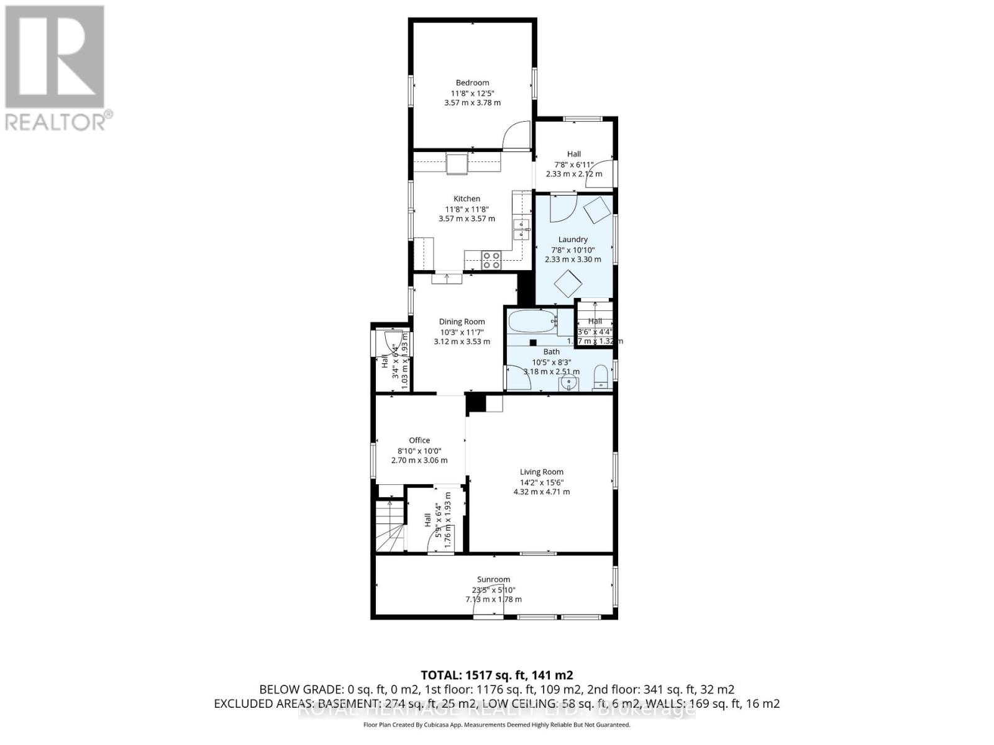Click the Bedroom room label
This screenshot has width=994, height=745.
472,83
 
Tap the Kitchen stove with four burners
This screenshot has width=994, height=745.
491,260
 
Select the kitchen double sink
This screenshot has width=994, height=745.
521,230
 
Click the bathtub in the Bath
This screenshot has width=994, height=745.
532,322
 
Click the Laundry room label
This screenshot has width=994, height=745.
573,239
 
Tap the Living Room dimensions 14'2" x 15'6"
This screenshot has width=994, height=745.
542,482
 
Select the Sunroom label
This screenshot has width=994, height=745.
493,579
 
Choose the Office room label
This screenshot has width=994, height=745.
419,440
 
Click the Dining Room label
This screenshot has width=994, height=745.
462,322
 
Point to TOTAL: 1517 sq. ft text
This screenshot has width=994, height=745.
496,675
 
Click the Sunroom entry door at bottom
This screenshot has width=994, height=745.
488,608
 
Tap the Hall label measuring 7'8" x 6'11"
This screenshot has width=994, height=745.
573,154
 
